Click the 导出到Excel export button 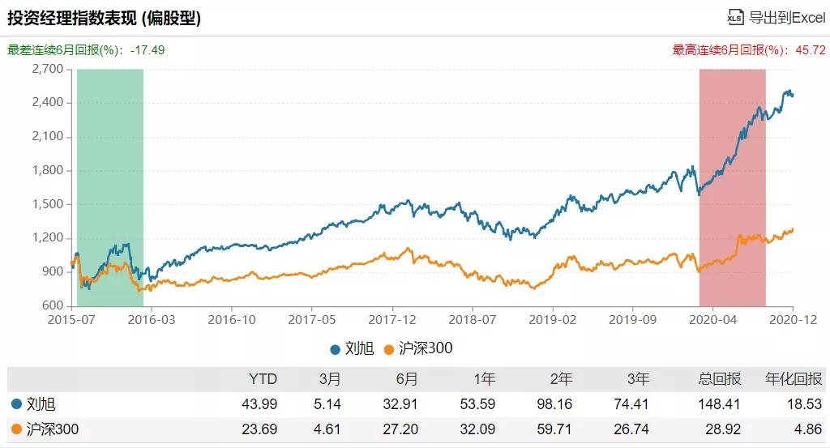(x=776, y=18)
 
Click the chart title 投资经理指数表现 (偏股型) (x=105, y=18)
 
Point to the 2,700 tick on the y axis (x=48, y=69)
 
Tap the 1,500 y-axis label (x=48, y=204)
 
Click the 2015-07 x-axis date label (x=72, y=320)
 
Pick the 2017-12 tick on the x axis (x=392, y=320)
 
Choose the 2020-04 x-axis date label (x=712, y=320)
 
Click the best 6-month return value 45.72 (x=810, y=49)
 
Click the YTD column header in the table (x=263, y=379)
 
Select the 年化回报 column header (x=794, y=379)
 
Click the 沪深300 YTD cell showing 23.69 (x=261, y=429)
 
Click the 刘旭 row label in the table (x=41, y=403)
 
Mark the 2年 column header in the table (x=560, y=379)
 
